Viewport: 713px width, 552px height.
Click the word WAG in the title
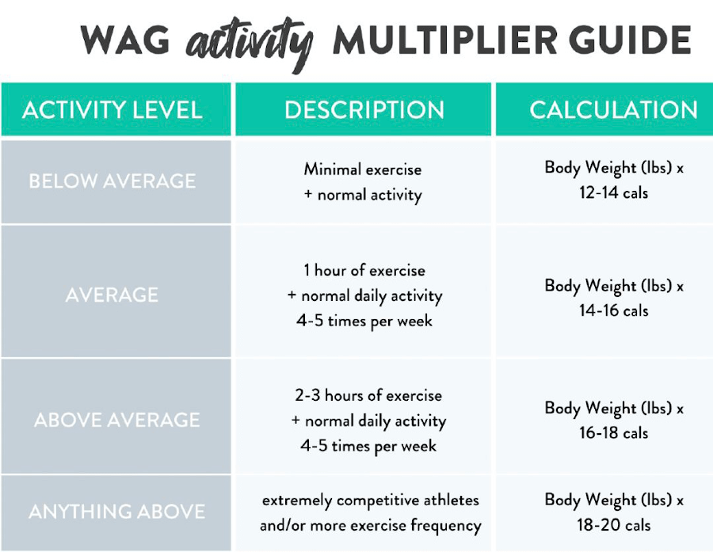pyautogui.click(x=125, y=40)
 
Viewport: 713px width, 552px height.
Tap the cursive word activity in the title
pyautogui.click(x=249, y=44)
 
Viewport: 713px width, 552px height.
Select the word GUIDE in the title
pyautogui.click(x=631, y=40)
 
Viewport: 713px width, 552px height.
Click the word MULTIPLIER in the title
pyautogui.click(x=445, y=40)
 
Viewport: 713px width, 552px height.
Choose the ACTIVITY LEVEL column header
pyautogui.click(x=112, y=110)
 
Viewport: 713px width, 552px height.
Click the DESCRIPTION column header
pyautogui.click(x=364, y=110)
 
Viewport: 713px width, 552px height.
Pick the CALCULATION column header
pyautogui.click(x=613, y=110)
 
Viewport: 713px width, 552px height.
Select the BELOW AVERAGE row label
pyautogui.click(x=112, y=181)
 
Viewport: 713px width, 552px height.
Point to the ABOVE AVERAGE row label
pyautogui.click(x=117, y=420)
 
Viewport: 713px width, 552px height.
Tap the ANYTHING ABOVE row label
pyautogui.click(x=117, y=512)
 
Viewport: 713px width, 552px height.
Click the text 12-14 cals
pyautogui.click(x=613, y=192)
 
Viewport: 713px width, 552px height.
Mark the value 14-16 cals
pyautogui.click(x=613, y=310)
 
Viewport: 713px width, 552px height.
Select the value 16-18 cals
pyautogui.click(x=613, y=432)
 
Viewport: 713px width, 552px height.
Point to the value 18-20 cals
pyautogui.click(x=613, y=525)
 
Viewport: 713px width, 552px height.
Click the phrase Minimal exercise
pyautogui.click(x=363, y=169)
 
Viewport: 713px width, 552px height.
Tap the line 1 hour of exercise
pyautogui.click(x=364, y=270)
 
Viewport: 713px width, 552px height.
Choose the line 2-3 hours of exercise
pyautogui.click(x=368, y=395)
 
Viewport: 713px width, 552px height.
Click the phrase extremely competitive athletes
pyautogui.click(x=371, y=501)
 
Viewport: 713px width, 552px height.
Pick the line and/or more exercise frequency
pyautogui.click(x=371, y=526)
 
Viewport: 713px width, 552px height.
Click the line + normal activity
pyautogui.click(x=363, y=195)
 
